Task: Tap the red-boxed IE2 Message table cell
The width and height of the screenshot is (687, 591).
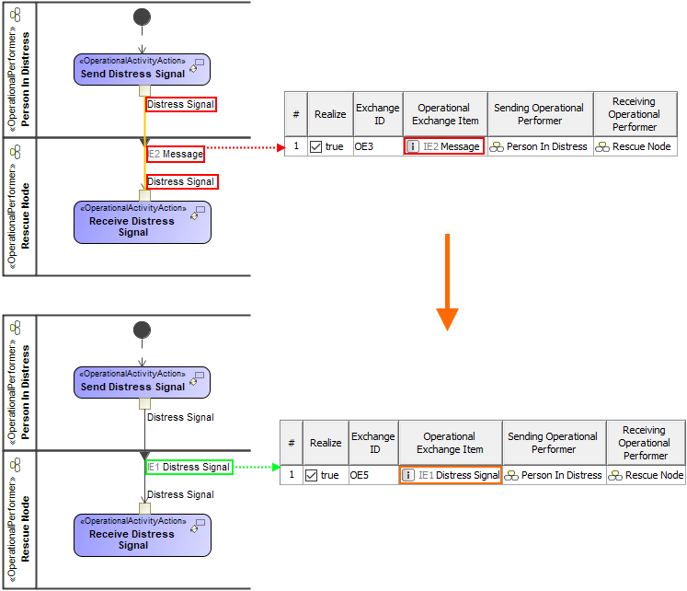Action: pos(443,146)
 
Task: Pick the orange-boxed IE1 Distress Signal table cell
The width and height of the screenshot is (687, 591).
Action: pos(450,475)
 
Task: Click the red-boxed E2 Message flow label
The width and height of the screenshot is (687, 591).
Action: pos(175,154)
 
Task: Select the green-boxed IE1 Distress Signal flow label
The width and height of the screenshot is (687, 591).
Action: pos(189,467)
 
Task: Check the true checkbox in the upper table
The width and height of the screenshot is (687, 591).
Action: pos(316,146)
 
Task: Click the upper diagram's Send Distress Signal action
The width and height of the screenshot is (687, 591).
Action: pos(142,69)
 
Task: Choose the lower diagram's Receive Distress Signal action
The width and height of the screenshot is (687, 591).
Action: pos(142,534)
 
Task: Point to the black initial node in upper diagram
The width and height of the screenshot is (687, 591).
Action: pos(142,17)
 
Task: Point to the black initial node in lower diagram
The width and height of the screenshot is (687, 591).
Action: pos(142,330)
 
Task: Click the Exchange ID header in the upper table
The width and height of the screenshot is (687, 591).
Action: pos(377,114)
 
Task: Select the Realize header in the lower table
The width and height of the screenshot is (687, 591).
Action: pos(326,443)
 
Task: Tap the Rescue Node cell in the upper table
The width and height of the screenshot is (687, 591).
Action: pos(634,146)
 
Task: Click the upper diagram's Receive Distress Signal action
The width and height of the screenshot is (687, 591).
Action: pos(142,222)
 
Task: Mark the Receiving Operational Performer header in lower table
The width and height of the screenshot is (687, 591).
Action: pos(646,443)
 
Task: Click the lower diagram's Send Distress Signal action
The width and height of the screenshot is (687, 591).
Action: pos(142,382)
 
